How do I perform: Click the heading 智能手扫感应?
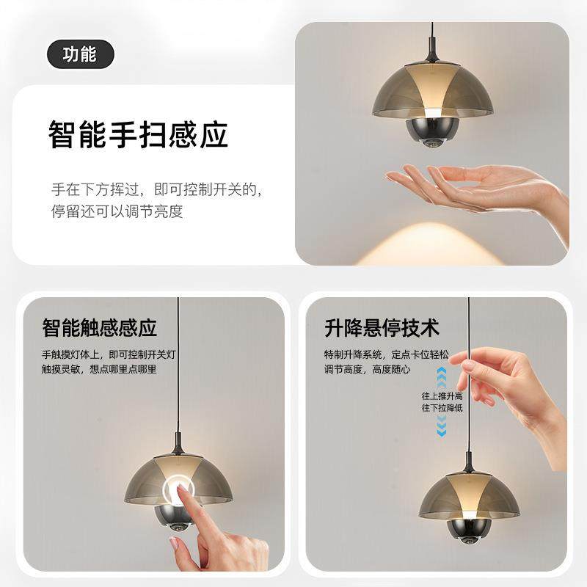click(138, 135)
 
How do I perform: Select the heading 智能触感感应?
click(100, 327)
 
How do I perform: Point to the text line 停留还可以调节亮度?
click(116, 212)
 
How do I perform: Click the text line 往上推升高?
click(442, 395)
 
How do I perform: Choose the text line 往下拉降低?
click(442, 407)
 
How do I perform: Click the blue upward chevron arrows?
click(442, 377)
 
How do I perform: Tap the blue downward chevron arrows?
click(442, 425)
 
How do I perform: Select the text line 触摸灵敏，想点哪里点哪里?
click(99, 370)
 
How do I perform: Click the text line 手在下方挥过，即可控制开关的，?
click(156, 189)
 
